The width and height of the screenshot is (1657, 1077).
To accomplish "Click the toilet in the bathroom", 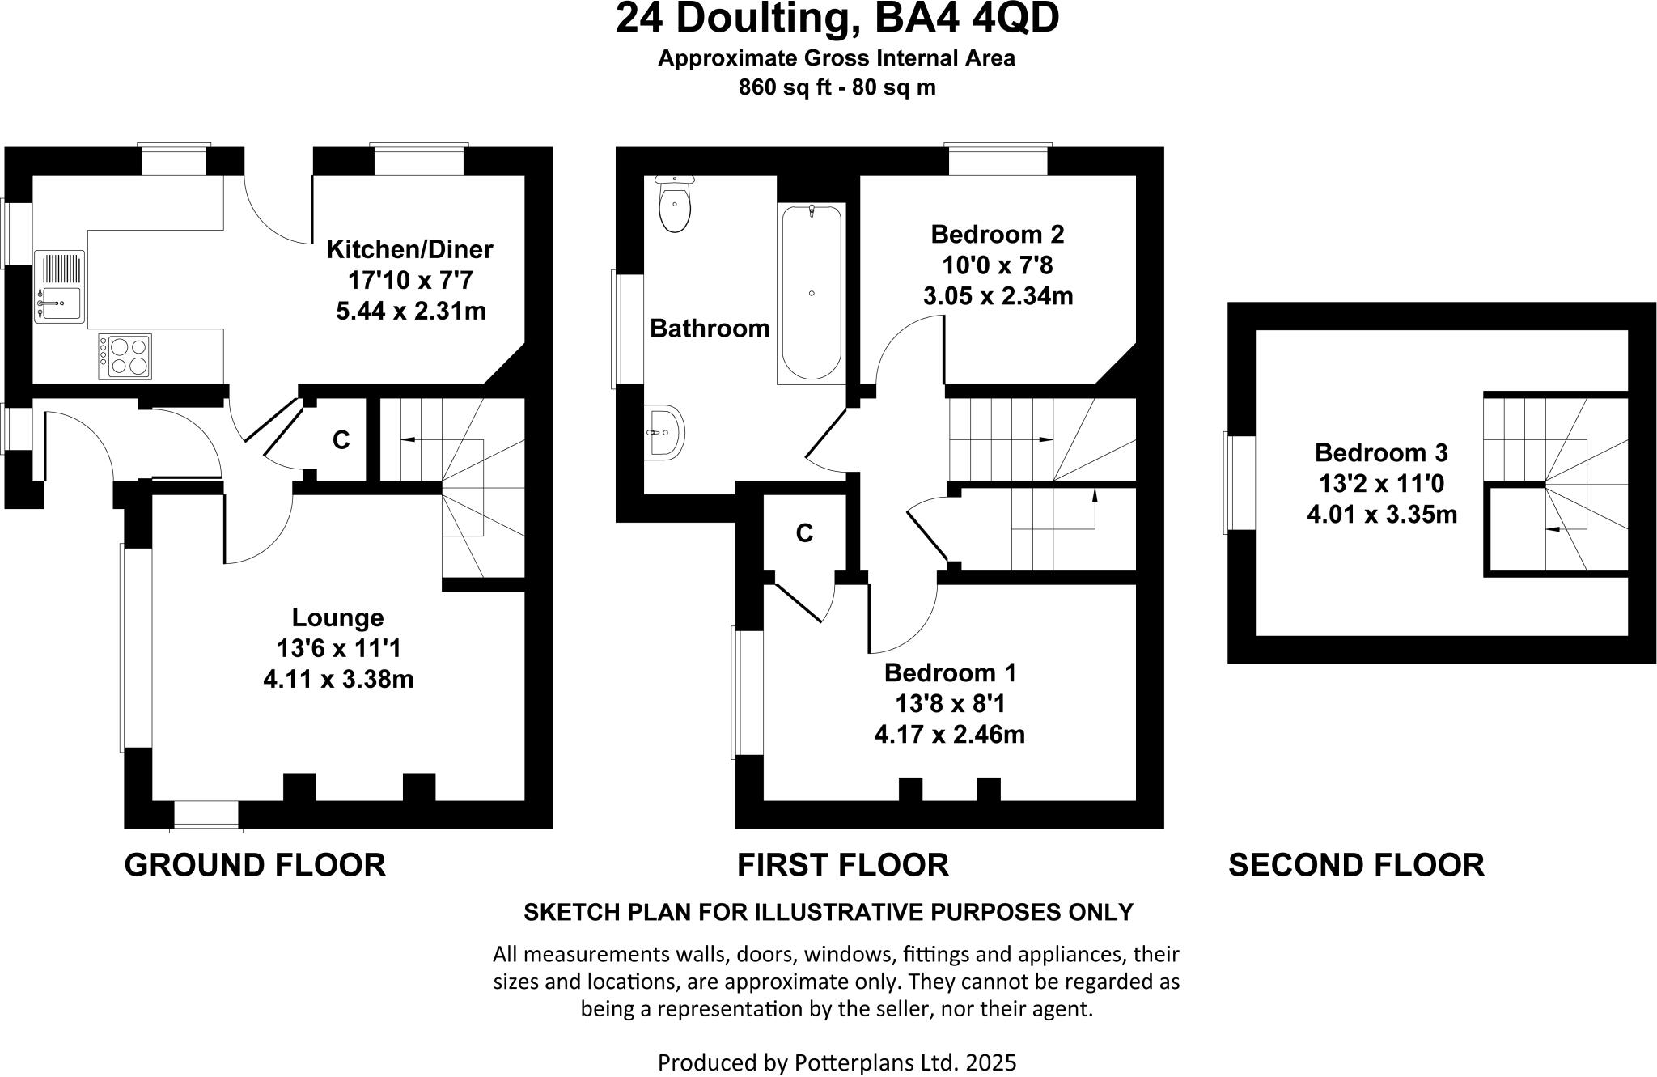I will point(674,206).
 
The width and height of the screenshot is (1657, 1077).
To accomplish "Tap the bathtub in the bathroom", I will point(811,293).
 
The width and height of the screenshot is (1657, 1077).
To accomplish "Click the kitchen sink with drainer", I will point(59,286).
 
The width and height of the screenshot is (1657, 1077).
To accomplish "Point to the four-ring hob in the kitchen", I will point(125,356).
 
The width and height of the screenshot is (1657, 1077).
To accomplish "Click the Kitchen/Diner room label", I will point(409,249).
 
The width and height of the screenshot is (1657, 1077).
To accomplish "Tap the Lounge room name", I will point(337,617).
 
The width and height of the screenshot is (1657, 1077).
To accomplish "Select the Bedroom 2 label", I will point(997,235).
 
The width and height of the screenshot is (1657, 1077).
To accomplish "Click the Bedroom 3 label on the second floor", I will point(1380,452).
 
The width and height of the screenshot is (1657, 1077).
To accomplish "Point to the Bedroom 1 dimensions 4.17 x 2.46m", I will point(949,735).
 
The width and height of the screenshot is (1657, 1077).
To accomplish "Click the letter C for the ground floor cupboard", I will point(341,440).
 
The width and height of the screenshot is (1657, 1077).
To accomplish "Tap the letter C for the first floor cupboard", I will point(804,533).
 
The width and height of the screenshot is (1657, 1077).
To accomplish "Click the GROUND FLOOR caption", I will point(255,865).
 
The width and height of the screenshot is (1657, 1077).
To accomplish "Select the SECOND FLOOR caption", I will point(1356,865).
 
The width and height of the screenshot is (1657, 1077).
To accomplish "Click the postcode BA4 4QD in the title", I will point(967,19).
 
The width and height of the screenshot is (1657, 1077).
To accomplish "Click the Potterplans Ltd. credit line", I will point(837,1062).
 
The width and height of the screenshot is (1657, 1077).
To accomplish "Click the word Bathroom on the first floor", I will point(710,329).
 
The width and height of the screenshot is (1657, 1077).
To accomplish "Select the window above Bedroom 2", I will point(998,159).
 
